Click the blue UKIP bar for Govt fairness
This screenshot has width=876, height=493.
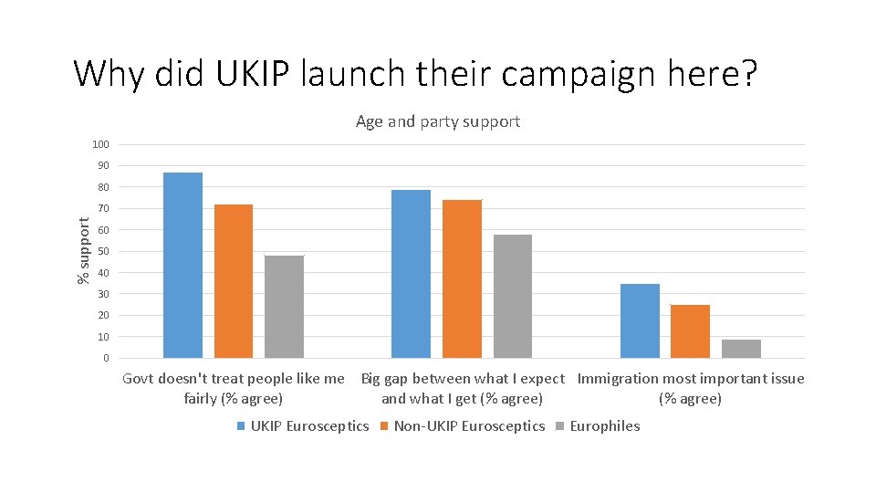pos(182,265)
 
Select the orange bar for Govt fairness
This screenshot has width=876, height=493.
pos(234,281)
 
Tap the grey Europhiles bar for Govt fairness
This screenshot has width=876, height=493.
pos(284,307)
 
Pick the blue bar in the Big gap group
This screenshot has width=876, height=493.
pos(411,274)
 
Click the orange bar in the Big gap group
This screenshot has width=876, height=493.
pos(462,278)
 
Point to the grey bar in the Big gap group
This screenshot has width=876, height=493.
pos(513,296)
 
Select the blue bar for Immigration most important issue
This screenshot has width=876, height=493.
pos(640,320)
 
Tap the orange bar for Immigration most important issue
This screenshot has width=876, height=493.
pos(690,331)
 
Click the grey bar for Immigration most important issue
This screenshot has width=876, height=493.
pos(741,349)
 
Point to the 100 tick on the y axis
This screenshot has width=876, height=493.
pos(100,145)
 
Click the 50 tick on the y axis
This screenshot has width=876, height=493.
pos(103,252)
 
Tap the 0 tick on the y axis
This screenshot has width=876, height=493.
pos(106,359)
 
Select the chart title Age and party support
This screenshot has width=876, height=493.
pos(438,121)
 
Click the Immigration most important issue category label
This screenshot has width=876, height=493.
pos(691,388)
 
